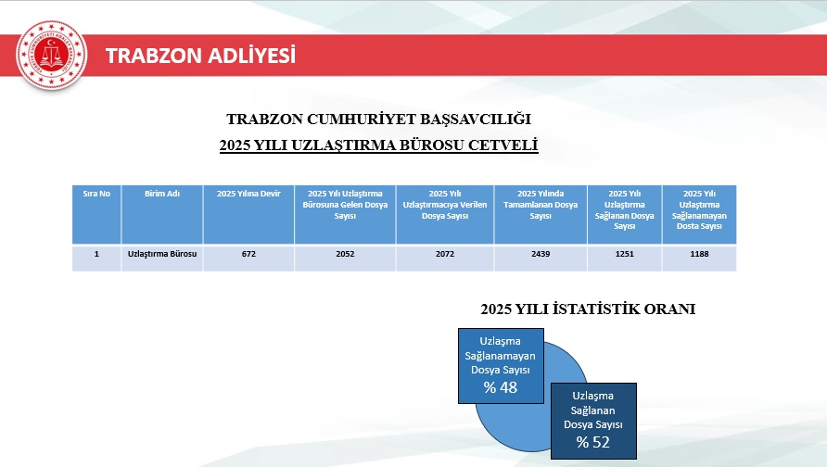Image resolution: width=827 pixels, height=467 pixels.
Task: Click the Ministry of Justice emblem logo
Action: coord(52,55)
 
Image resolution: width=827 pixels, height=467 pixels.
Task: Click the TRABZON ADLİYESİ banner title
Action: coord(200,56)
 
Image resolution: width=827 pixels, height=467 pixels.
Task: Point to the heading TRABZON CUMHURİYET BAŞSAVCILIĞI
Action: coord(378,120)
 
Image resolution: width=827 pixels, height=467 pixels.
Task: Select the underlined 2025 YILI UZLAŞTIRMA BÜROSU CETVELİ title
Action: coord(378,145)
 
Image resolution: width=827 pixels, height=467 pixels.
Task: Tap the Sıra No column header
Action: coord(96,194)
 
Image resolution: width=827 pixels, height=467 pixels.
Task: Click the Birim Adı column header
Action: coord(162,194)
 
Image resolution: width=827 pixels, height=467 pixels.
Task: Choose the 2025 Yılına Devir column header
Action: coord(248,194)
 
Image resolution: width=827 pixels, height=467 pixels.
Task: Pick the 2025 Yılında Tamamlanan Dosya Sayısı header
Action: coord(541,205)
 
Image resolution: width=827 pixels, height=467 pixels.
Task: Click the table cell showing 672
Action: coord(248,254)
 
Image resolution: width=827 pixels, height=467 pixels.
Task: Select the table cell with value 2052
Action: coord(345,254)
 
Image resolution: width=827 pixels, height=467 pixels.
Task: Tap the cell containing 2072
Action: coord(445,254)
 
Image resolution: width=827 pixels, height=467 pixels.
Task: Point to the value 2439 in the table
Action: coord(541,254)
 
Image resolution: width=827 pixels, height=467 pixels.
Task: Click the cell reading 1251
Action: coord(625,254)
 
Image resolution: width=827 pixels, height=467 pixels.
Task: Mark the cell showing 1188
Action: coord(699,254)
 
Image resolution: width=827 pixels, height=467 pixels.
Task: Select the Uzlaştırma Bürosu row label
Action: coord(162,254)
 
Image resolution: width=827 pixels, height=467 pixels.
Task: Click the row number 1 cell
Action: coord(96,254)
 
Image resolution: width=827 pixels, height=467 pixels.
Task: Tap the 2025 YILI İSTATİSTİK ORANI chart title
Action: coord(588,309)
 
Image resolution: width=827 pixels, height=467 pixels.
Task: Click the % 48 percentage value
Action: coord(501,387)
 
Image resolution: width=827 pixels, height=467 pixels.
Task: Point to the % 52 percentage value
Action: coord(592,442)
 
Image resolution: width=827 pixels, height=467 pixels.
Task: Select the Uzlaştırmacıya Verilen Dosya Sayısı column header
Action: coord(445,205)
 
